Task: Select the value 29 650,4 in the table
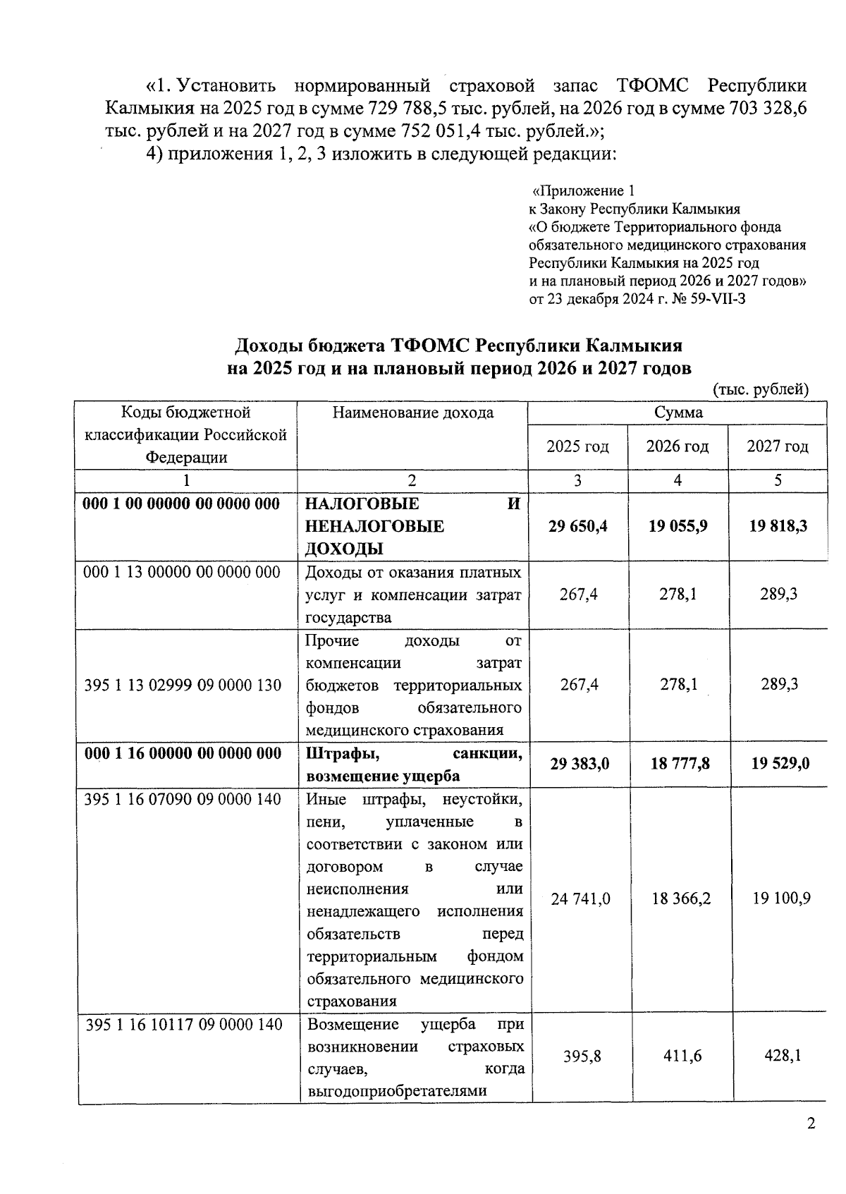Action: (578, 527)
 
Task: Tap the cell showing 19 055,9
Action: (678, 527)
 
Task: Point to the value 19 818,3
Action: (778, 527)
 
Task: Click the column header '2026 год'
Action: (678, 446)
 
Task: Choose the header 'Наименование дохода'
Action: (412, 413)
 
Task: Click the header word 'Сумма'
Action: (678, 413)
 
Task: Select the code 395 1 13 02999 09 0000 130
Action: (183, 685)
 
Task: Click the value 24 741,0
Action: (580, 898)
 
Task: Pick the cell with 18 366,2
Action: (680, 898)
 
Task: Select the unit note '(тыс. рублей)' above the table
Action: (761, 390)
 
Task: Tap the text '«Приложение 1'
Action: (584, 191)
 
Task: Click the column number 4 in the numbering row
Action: (678, 481)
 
